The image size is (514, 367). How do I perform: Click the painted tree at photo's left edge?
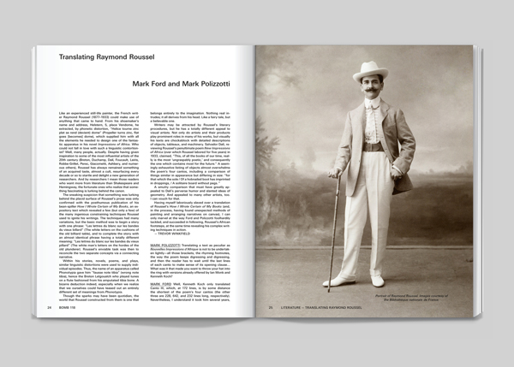[272, 171]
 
